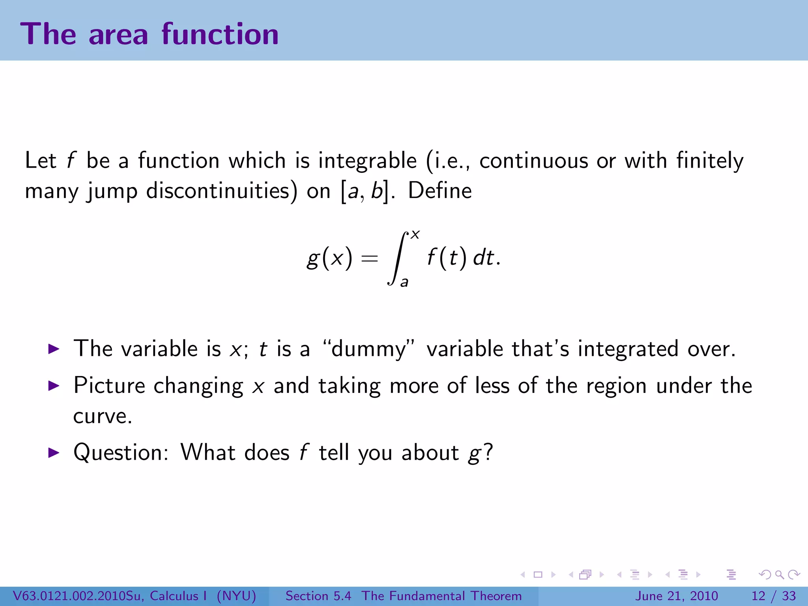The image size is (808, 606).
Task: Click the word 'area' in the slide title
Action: [118, 35]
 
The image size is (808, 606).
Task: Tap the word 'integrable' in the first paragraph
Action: [367, 161]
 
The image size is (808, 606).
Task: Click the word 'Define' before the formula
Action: [440, 191]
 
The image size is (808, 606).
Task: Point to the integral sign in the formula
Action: [398, 258]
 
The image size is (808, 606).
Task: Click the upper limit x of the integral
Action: [415, 235]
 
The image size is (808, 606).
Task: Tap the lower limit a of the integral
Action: [404, 282]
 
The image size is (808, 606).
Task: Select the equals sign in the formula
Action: [369, 259]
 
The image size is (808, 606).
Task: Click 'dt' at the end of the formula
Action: [483, 258]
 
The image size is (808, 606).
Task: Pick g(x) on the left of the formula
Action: [329, 259]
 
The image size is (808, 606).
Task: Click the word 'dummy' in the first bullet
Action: [368, 349]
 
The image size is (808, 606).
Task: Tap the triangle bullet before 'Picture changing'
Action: [53, 385]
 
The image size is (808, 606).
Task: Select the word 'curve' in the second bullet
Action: [100, 417]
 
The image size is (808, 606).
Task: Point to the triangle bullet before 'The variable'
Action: [53, 349]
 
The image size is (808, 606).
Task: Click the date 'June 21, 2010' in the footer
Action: [676, 596]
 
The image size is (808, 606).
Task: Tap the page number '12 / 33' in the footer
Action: [774, 596]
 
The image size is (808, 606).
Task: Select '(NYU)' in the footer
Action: [236, 596]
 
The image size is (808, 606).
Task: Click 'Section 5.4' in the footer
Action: [318, 596]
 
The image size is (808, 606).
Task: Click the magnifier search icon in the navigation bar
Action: [779, 574]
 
